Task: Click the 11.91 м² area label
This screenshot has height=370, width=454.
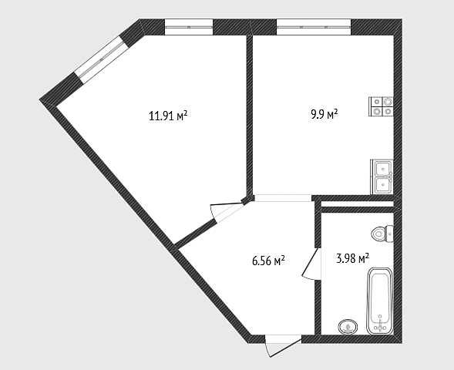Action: click(168, 116)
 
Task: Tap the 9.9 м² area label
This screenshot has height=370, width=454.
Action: click(325, 114)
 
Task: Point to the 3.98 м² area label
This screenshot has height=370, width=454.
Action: click(352, 258)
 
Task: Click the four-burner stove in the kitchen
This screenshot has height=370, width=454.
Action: click(381, 106)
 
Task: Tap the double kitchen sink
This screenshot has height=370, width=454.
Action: click(382, 177)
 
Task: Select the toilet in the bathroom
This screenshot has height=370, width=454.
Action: click(382, 234)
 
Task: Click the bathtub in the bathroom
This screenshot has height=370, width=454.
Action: click(380, 301)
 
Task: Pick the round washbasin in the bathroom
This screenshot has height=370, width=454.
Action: click(348, 327)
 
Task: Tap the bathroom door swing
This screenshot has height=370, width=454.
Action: click(311, 264)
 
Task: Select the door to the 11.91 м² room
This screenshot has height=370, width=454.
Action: click(227, 212)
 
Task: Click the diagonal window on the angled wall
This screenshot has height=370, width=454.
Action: click(101, 59)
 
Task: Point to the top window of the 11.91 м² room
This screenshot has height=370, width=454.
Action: click(189, 27)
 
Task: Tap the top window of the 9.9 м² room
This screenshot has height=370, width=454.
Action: click(314, 27)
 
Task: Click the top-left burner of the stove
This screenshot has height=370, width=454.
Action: click(377, 102)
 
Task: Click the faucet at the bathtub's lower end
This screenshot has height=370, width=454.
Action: click(379, 327)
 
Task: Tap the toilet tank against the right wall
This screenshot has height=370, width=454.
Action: click(390, 234)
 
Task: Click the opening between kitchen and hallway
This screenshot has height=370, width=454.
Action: click(283, 198)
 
